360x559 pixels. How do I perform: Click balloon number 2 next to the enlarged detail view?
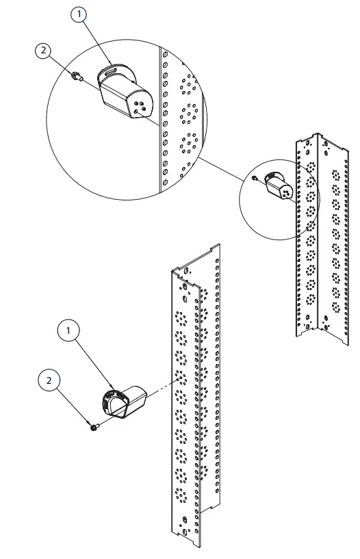tap(44, 51)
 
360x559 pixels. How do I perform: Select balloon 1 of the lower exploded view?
tap(68, 331)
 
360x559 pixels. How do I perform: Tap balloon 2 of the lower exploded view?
tap(49, 380)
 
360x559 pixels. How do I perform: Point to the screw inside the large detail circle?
tap(77, 77)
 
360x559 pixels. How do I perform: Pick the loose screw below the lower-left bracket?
tap(94, 427)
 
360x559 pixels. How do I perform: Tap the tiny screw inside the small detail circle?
tap(254, 179)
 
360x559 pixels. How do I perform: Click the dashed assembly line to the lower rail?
tap(164, 386)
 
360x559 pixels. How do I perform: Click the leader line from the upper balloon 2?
tap(61, 65)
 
